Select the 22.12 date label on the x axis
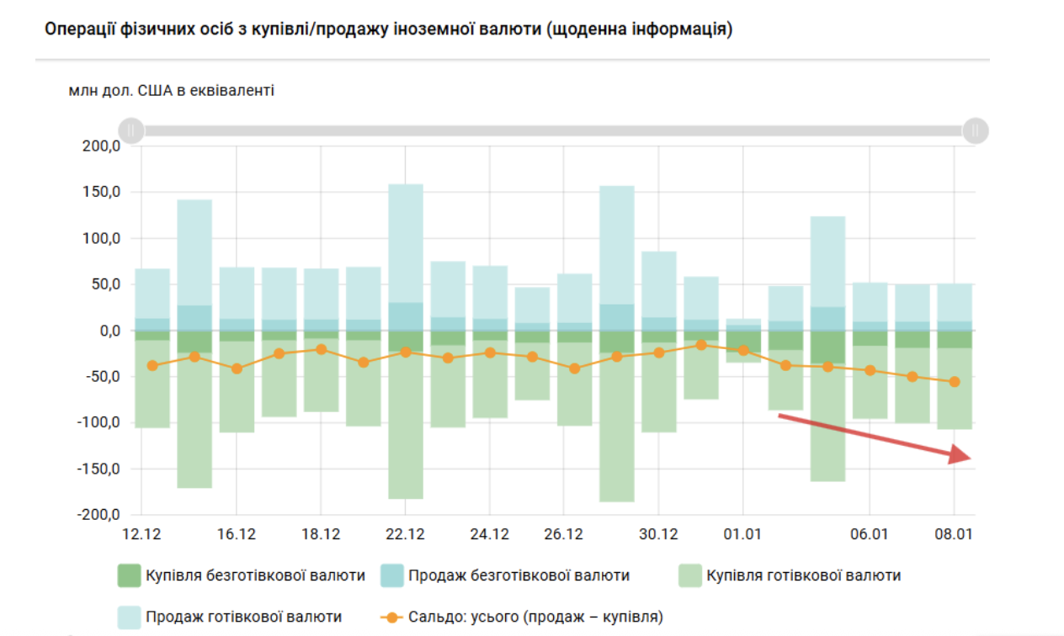405,534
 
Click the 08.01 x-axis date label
954,534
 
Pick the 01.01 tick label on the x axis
742,534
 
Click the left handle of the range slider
131,130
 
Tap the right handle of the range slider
976,130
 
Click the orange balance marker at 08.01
954,382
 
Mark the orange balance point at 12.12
152,366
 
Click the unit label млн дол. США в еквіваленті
172,90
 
